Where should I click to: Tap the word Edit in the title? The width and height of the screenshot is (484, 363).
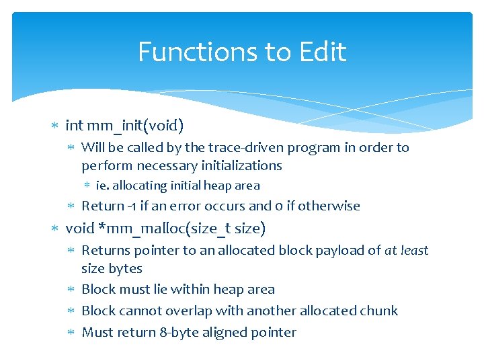point(323,52)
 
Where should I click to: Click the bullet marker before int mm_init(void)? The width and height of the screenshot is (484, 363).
point(56,126)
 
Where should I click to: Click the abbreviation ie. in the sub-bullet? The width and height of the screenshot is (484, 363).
point(103,186)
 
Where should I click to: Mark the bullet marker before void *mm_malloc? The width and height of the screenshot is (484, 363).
point(56,229)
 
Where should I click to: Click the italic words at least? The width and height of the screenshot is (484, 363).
point(406,250)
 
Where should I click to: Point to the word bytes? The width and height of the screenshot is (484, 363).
point(126,268)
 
